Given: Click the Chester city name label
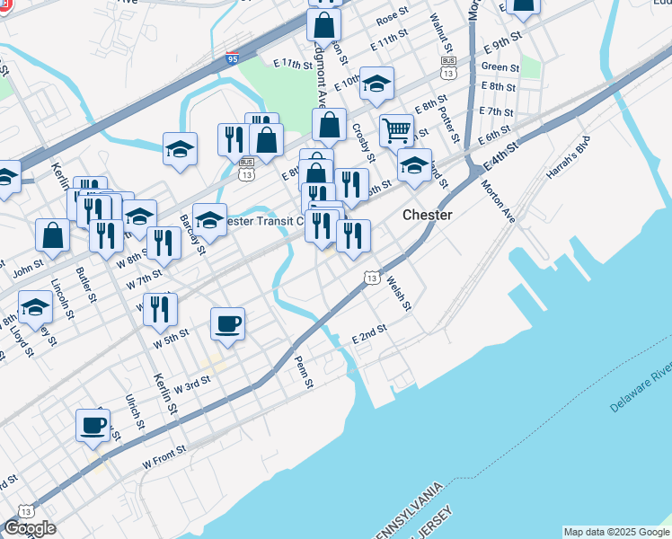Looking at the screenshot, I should [x=427, y=216].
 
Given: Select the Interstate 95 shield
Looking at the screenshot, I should [x=233, y=60].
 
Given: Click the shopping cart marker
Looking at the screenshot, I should [x=396, y=131].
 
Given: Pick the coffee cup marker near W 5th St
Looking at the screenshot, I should [x=228, y=323].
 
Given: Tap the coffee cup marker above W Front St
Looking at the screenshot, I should [x=93, y=424].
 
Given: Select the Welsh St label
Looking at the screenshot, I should [x=398, y=294].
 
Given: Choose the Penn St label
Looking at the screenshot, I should [x=304, y=372].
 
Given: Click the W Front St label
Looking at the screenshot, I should [x=164, y=457].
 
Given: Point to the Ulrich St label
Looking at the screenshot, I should [x=134, y=410].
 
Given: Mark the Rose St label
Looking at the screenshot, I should [x=392, y=18].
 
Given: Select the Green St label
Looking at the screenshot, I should [x=500, y=67].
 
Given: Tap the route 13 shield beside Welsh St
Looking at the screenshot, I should [x=371, y=279].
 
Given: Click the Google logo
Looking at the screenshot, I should [x=30, y=528].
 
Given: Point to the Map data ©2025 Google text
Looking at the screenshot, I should [x=616, y=532].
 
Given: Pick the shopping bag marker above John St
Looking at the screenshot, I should [x=53, y=235].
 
